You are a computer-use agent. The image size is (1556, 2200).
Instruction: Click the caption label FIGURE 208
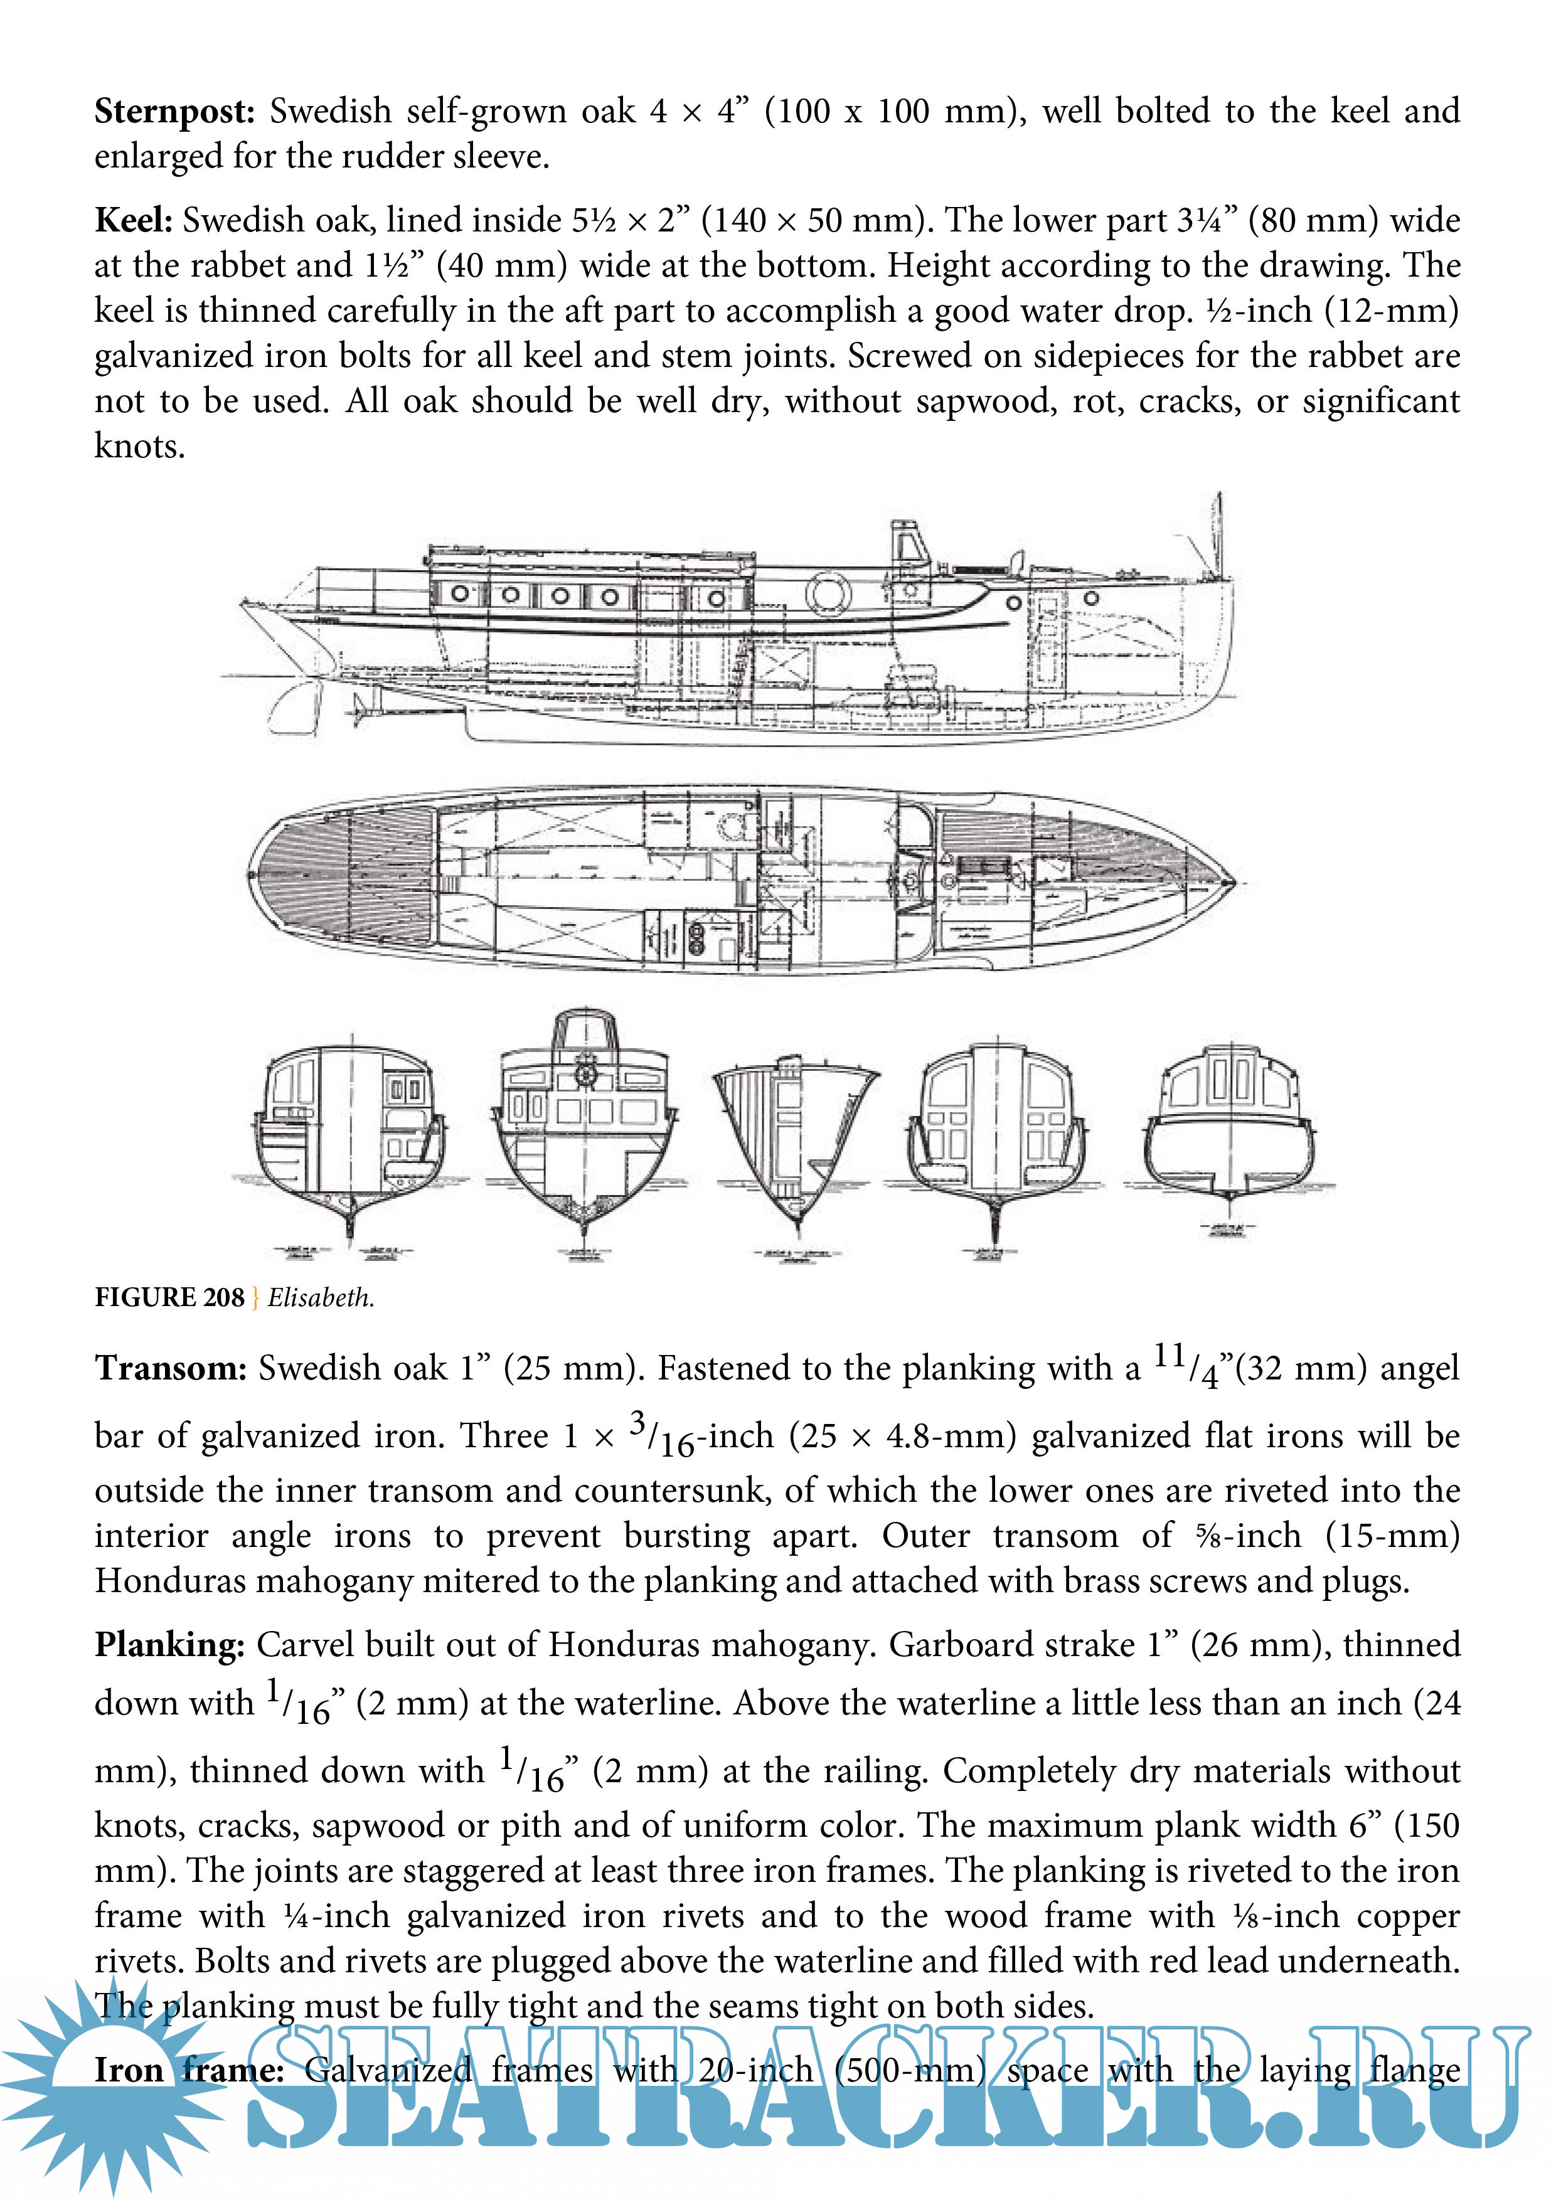(x=169, y=1297)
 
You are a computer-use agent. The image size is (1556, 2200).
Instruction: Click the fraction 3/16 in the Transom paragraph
(x=661, y=1435)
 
